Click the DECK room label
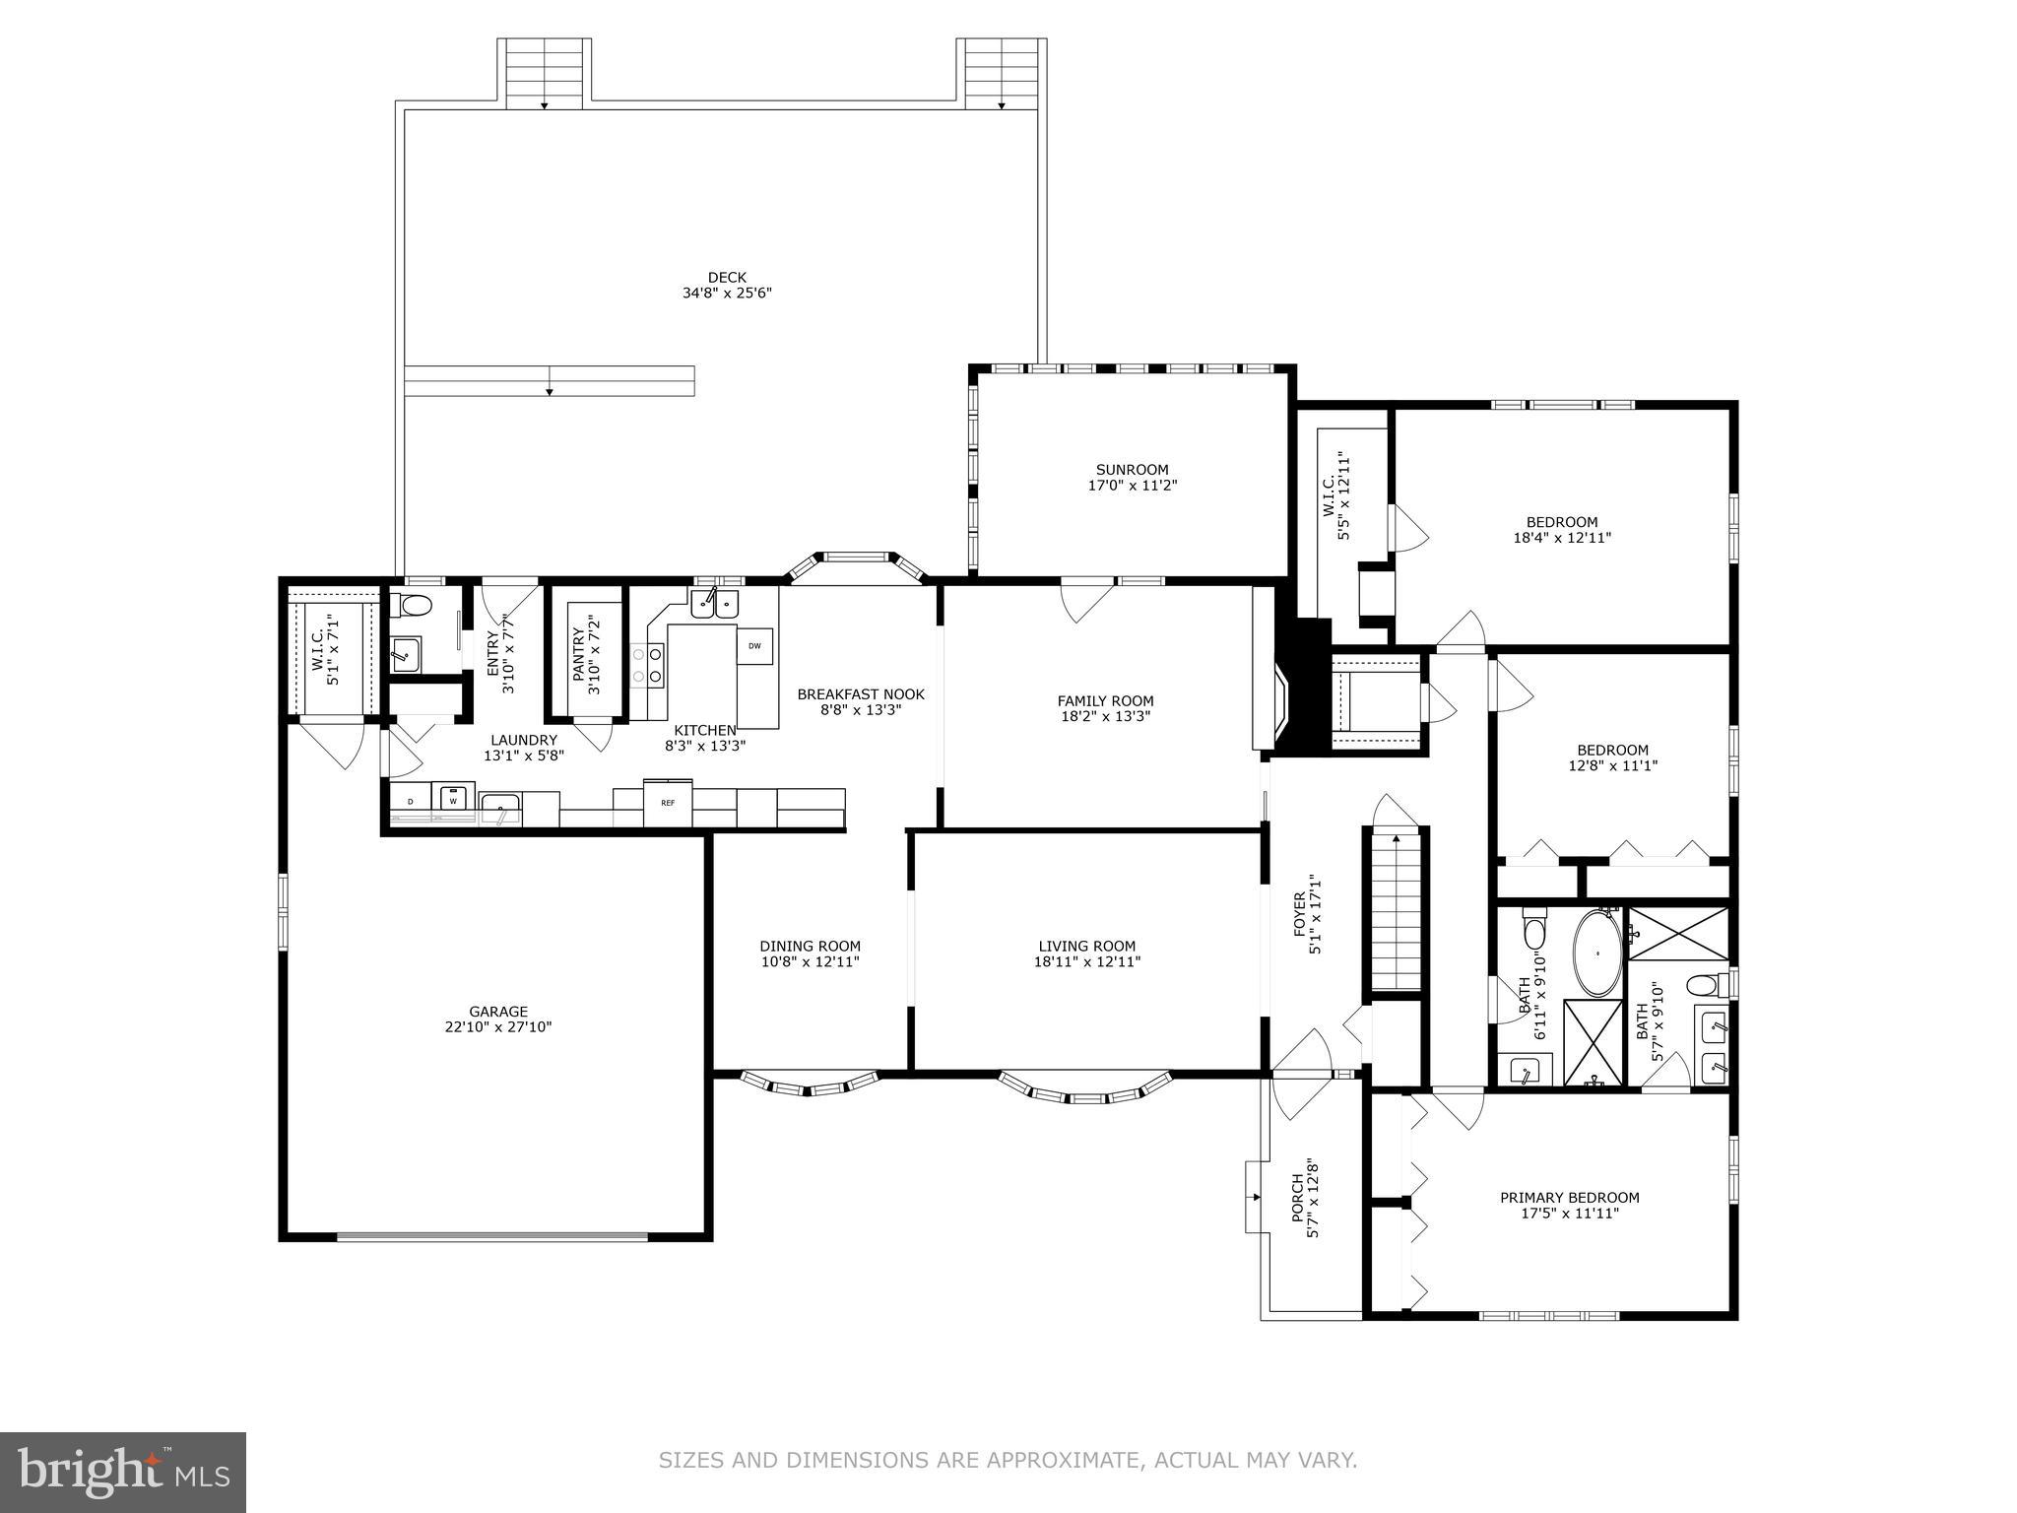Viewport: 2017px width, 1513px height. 727,278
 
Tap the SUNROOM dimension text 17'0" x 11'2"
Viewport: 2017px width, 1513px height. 1132,486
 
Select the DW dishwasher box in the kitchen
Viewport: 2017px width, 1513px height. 754,646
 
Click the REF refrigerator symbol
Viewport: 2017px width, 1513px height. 668,803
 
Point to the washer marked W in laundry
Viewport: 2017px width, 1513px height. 454,801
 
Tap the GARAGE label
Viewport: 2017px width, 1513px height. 497,1012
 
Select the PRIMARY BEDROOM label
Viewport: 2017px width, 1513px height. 1569,1198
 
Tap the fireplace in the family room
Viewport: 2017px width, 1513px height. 1276,700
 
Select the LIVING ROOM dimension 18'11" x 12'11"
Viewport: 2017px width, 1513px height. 1086,962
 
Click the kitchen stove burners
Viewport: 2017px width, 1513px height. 646,665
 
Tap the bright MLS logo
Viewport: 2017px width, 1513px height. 123,1473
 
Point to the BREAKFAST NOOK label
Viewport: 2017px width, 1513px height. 861,694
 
